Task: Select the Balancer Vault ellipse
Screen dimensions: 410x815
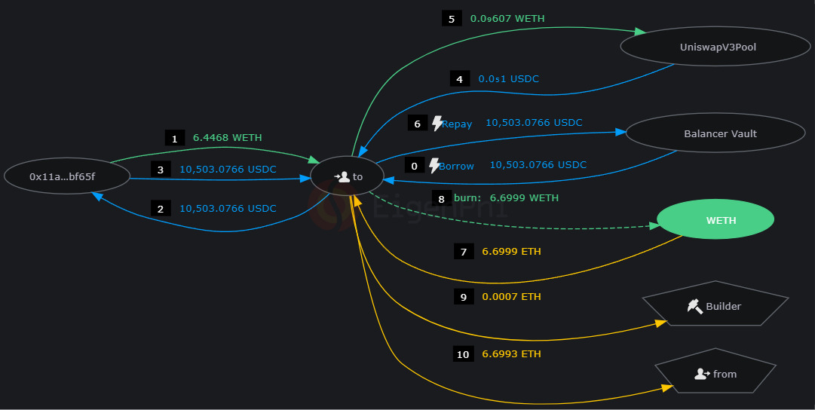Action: tap(720, 134)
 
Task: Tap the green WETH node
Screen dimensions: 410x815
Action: tap(715, 220)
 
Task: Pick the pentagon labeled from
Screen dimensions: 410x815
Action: tap(715, 374)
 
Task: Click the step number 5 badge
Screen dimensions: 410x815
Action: tap(451, 19)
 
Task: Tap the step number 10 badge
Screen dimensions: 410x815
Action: tap(462, 354)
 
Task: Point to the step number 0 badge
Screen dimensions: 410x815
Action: tap(414, 166)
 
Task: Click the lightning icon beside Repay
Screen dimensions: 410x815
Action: tap(437, 123)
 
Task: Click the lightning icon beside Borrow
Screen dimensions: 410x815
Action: tap(434, 166)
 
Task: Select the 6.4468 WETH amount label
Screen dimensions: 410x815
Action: tap(227, 138)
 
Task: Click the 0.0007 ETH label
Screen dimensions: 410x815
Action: tap(511, 297)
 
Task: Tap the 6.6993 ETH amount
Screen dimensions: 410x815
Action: tap(511, 354)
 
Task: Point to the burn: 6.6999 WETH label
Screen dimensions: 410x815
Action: tap(506, 198)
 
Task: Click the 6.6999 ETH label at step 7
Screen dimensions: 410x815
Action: tap(511, 252)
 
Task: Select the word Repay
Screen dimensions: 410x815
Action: tap(457, 124)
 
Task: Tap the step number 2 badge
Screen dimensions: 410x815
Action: tap(160, 209)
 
